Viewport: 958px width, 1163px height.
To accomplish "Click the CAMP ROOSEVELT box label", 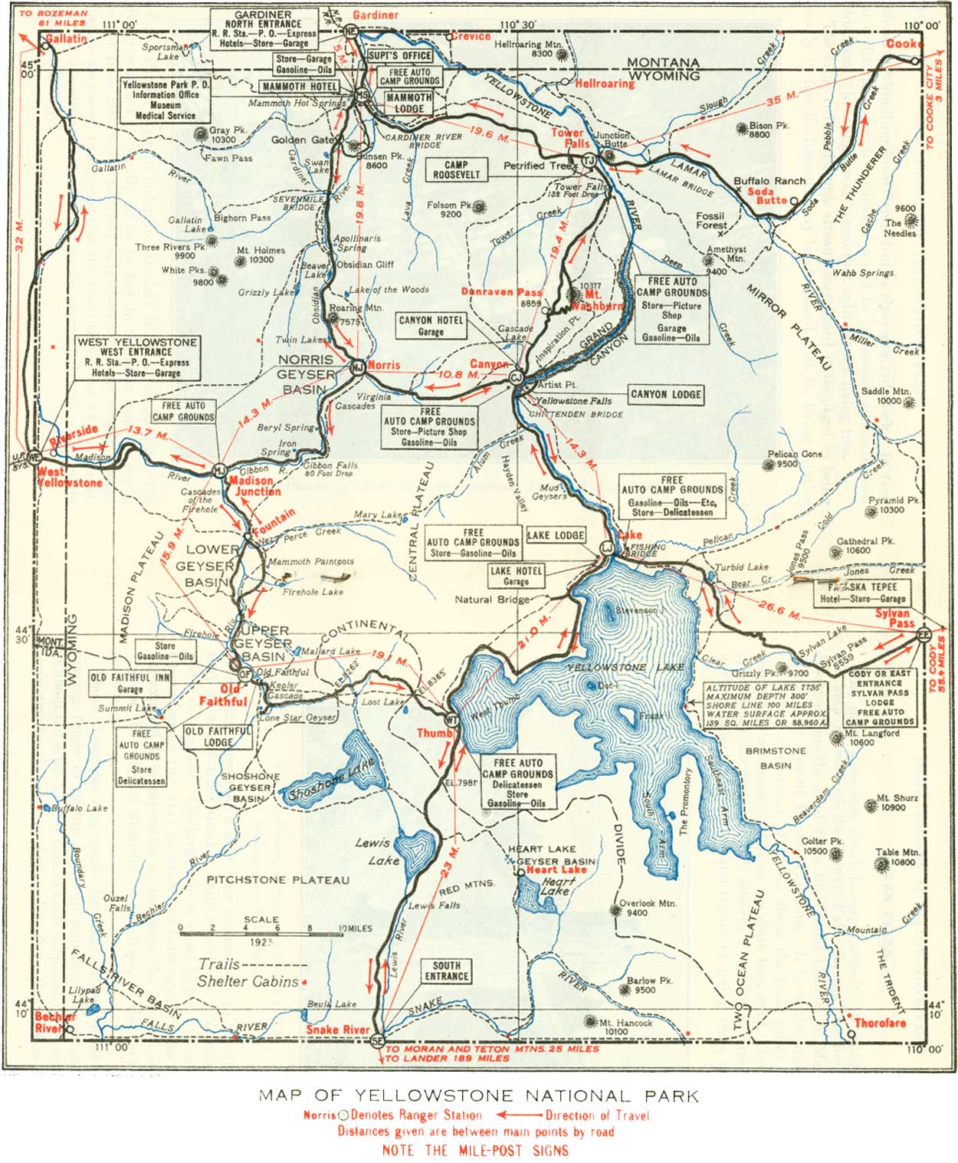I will point(456,169).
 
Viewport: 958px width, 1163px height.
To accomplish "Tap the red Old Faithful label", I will point(224,695).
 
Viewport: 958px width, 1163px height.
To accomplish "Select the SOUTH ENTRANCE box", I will point(446,971).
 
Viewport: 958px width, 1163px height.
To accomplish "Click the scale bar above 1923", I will point(261,933).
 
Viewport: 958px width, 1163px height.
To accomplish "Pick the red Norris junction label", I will point(383,366).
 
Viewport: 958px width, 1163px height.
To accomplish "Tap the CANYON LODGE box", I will point(665,394).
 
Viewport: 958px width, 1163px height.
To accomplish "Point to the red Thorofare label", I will point(880,1023).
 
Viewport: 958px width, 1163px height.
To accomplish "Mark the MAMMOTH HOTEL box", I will point(300,87).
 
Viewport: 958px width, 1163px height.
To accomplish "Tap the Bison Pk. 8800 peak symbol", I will point(742,128).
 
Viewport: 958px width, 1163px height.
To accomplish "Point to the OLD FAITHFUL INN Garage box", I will point(130,683).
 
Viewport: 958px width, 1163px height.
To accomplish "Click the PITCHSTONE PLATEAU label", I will point(277,879).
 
